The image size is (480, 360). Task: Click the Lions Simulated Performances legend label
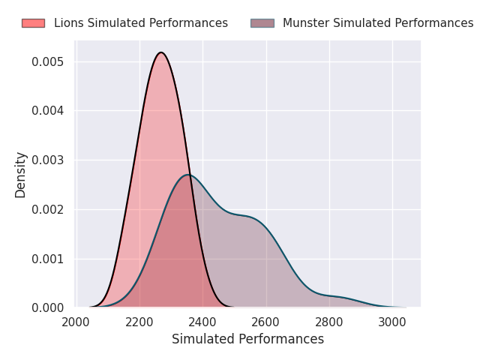pyautogui.click(x=141, y=23)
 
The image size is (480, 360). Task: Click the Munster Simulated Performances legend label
pyautogui.click(x=378, y=23)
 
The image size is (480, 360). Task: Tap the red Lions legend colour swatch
pyautogui.click(x=33, y=23)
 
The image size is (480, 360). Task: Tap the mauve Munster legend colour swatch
pyautogui.click(x=262, y=23)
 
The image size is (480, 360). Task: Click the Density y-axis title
pyautogui.click(x=21, y=175)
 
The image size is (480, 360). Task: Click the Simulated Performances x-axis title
pyautogui.click(x=247, y=340)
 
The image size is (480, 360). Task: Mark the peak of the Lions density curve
pyautogui.click(x=161, y=52)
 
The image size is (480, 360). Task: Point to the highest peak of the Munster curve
pyautogui.click(x=188, y=175)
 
